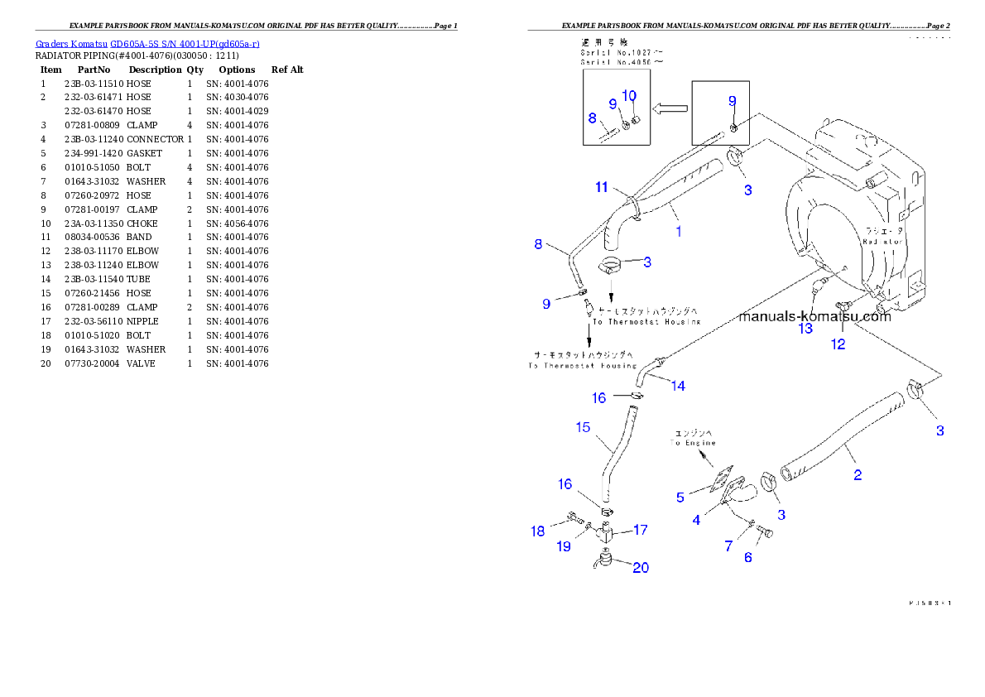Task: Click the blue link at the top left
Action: tap(148, 43)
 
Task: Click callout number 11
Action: tap(602, 187)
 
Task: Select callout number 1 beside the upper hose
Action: tap(679, 232)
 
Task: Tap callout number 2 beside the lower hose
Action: tap(858, 474)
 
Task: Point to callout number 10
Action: tap(629, 96)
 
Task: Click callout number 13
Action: tap(805, 329)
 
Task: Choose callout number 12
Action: tap(838, 344)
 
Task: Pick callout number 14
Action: tap(678, 386)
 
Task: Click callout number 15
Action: tap(583, 427)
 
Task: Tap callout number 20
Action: tap(641, 568)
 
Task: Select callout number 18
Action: tap(538, 531)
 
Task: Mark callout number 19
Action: tap(563, 546)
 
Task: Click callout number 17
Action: tap(641, 529)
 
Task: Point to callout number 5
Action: tap(680, 497)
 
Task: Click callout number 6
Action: tap(748, 557)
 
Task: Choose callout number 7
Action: tap(728, 546)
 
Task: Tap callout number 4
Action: tap(697, 520)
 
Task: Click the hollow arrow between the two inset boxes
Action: tap(670, 108)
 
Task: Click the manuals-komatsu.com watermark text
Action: tap(814, 316)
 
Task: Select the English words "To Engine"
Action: tap(694, 444)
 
